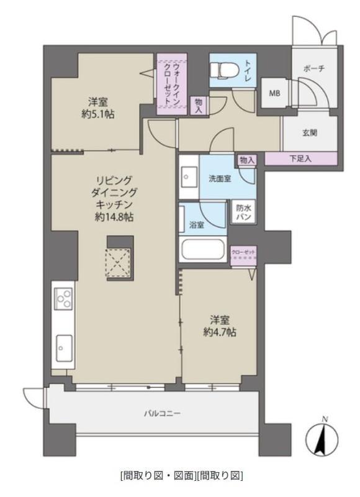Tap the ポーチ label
pos(314,68)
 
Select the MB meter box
pos(274,93)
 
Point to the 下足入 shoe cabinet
pos(300,158)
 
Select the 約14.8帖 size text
pos(114,217)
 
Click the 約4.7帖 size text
pos(220,332)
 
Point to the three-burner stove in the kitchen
pos(64,299)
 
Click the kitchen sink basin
pos(64,348)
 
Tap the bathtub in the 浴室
pos(202,250)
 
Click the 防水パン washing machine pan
pos(243,212)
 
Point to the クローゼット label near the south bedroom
pos(243,252)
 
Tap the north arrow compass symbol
pos(322,439)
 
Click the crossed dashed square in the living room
pos(118,262)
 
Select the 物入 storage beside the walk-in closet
pos(199,105)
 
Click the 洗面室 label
pos(220,179)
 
